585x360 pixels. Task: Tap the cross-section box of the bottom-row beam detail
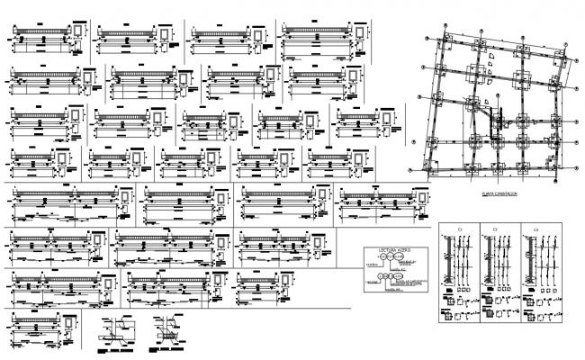tap(59, 323)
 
